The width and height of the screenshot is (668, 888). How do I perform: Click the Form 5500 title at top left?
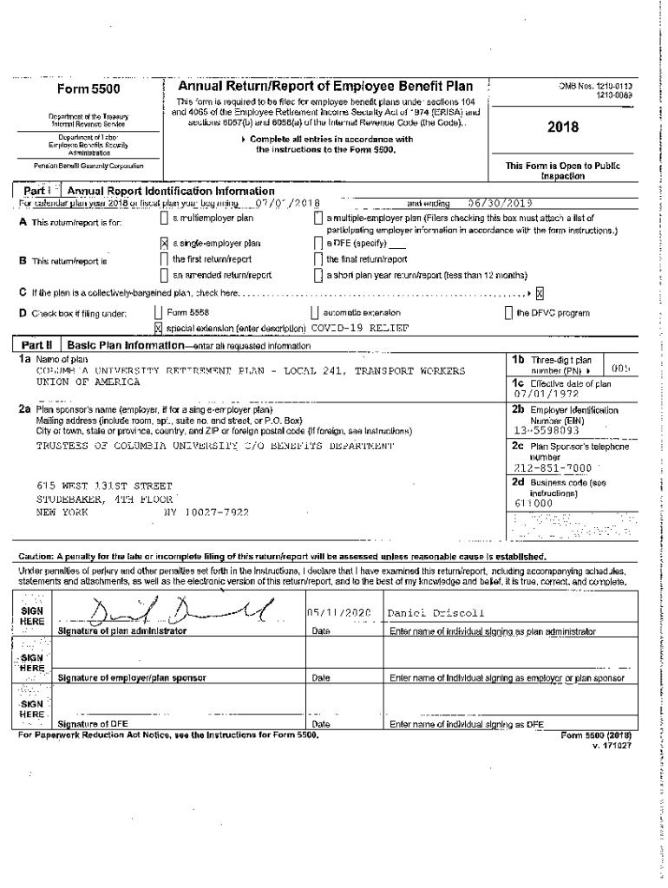88,89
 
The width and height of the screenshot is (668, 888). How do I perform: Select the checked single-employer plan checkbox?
165,244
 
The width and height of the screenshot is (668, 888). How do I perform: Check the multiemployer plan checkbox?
165,219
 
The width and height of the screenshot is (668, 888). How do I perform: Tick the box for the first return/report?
165,259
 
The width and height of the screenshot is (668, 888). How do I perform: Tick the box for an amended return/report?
165,275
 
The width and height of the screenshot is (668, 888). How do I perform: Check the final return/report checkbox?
318,259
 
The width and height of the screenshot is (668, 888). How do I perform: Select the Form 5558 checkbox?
158,312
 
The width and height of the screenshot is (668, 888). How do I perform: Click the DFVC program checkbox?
508,312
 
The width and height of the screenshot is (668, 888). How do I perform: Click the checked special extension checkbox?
158,328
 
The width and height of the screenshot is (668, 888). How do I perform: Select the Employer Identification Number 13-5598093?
547,429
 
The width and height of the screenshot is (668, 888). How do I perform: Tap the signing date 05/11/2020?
332,613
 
